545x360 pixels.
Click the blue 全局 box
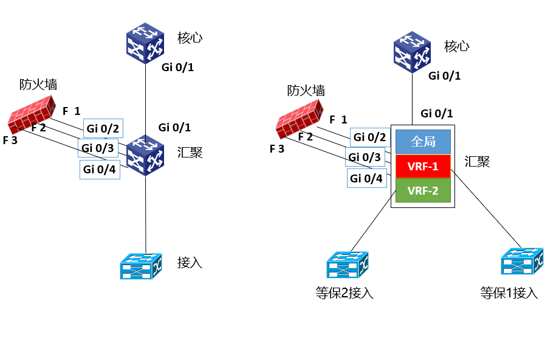[423, 142]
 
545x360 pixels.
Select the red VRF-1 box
[423, 166]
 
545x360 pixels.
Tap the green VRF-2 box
[423, 190]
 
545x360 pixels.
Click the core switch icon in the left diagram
[146, 43]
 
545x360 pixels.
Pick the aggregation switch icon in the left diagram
[146, 155]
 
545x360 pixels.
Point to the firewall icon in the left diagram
[32, 113]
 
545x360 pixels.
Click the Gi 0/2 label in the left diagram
[103, 128]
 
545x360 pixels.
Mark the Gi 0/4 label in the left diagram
[100, 170]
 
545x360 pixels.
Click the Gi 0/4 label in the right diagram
[367, 178]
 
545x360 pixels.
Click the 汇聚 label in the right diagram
[477, 162]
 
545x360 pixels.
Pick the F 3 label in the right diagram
[276, 148]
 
